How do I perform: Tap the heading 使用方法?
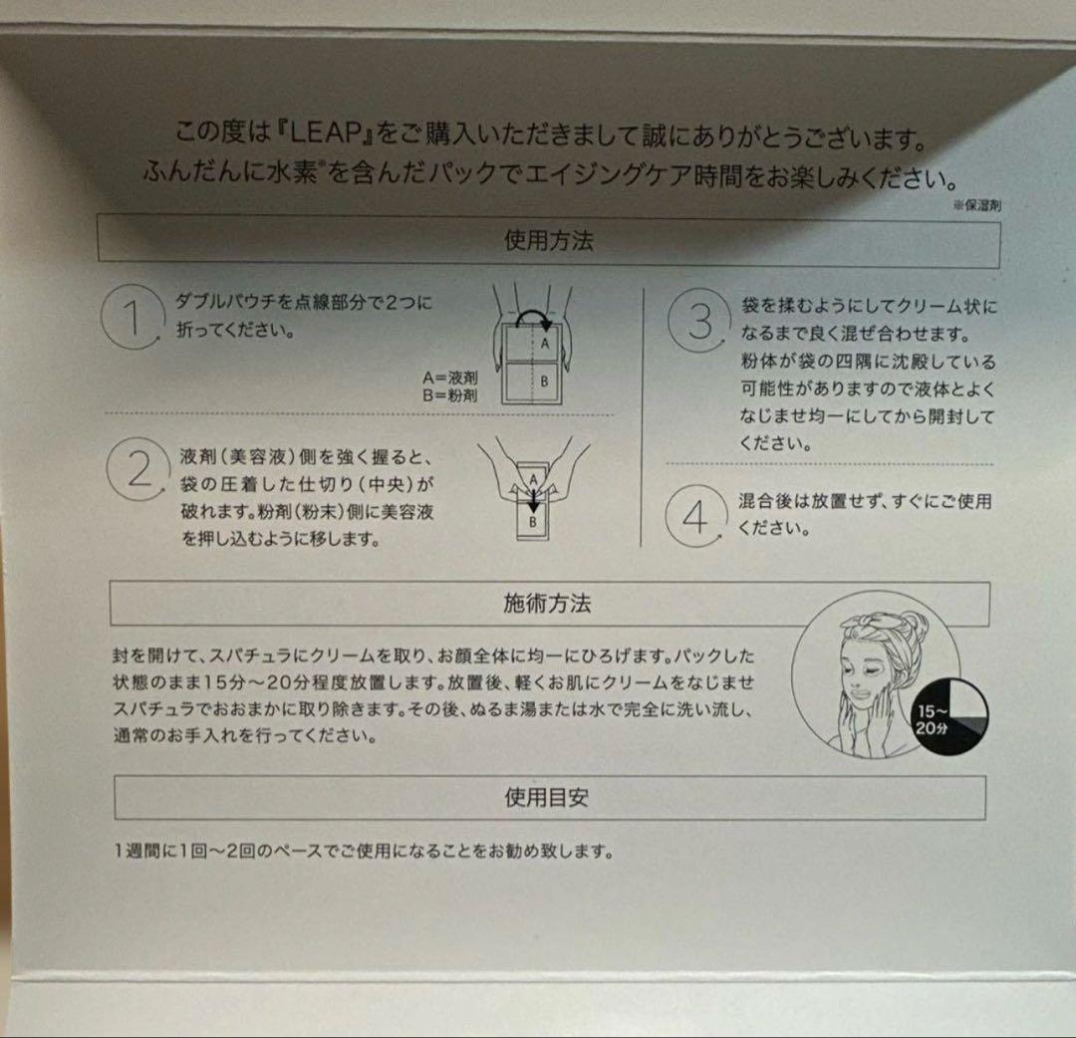pos(549,241)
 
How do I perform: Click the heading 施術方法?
pos(548,603)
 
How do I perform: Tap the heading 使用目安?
pos(549,797)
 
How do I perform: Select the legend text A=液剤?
pos(449,379)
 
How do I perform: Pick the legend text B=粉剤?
pos(449,395)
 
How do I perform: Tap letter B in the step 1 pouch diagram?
pos(544,381)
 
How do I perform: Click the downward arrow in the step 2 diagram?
pos(532,495)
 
